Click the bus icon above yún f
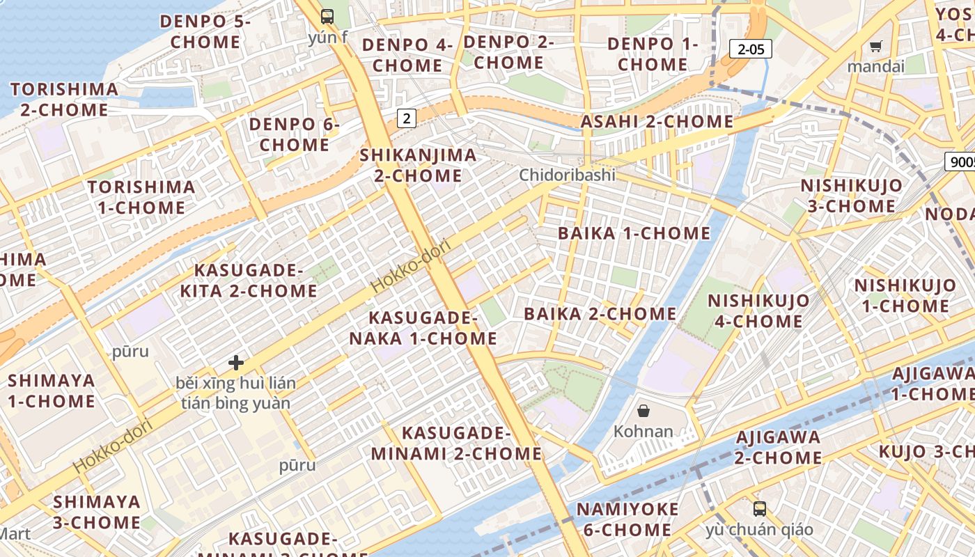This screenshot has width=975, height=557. (x=327, y=17)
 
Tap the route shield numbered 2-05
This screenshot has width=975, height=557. (x=751, y=49)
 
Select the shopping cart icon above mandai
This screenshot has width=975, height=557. (x=875, y=47)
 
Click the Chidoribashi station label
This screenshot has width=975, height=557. (x=567, y=175)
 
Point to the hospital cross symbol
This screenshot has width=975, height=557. (x=236, y=363)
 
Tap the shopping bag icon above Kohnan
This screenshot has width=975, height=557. (x=643, y=411)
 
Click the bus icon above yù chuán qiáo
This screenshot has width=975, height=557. (x=759, y=508)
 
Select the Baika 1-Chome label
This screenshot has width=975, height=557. (x=634, y=233)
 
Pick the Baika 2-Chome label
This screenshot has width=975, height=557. (x=600, y=314)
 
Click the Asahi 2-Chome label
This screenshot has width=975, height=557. (x=657, y=122)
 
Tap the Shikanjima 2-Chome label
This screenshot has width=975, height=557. (x=418, y=165)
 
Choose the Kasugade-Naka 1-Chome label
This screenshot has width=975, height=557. (x=423, y=329)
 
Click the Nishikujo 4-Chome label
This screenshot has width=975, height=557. (x=758, y=311)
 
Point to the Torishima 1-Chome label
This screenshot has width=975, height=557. (x=141, y=197)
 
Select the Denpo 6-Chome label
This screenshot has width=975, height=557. (x=294, y=134)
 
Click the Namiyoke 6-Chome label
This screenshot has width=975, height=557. (x=627, y=519)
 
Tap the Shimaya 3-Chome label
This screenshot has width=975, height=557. (x=97, y=512)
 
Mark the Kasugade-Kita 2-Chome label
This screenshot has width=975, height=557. (x=249, y=280)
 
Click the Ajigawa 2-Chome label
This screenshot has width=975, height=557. (x=778, y=447)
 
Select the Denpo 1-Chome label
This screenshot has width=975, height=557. (x=653, y=54)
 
